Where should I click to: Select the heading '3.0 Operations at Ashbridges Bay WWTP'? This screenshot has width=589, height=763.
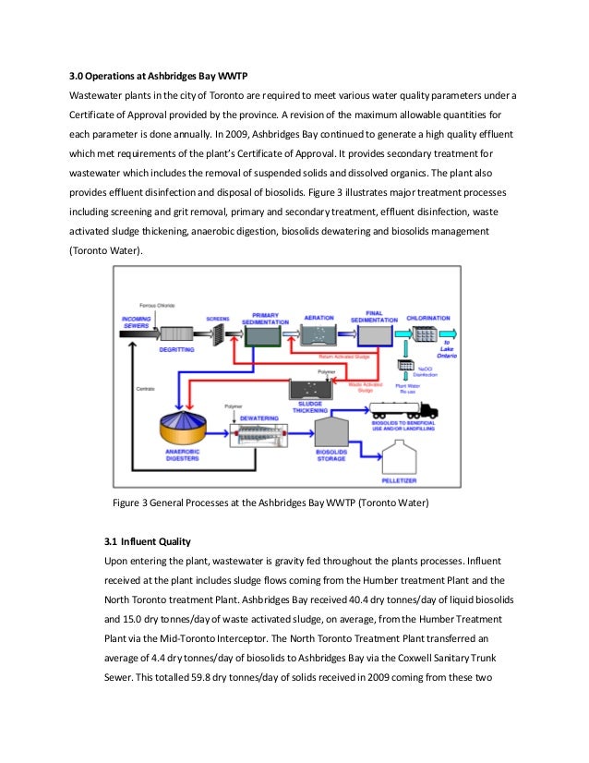[156, 75]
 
